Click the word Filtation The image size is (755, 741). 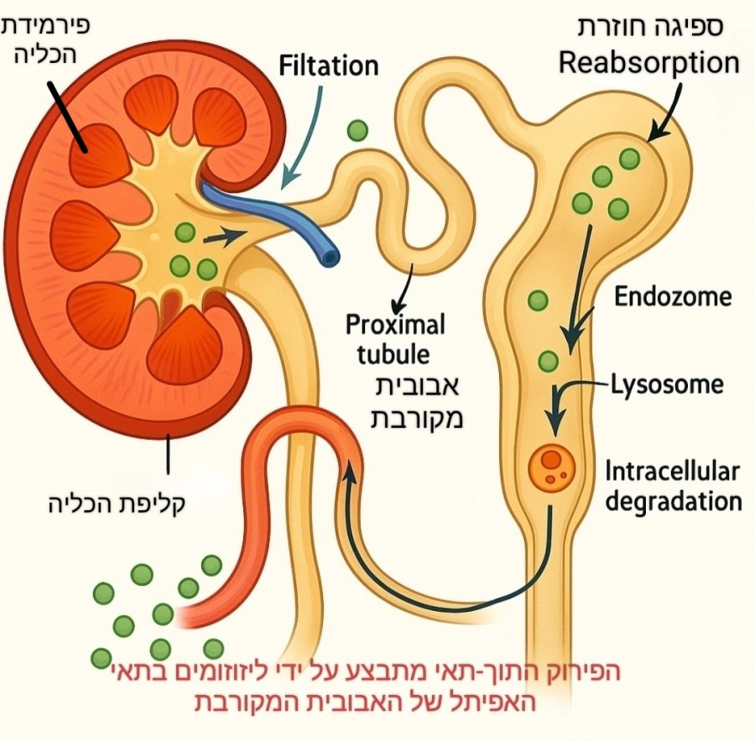(328, 65)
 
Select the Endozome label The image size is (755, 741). (673, 296)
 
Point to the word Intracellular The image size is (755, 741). (672, 472)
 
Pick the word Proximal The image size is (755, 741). (395, 324)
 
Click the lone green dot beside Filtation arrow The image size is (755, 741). (358, 130)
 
